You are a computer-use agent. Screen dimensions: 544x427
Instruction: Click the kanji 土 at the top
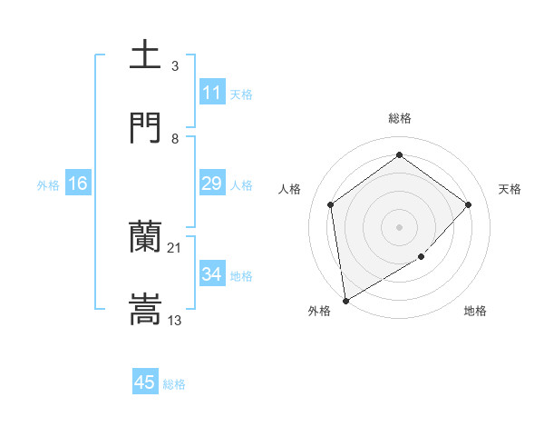pos(146,55)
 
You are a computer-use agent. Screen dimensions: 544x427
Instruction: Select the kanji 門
pos(146,127)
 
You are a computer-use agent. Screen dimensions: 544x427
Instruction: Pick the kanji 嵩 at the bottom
pos(146,309)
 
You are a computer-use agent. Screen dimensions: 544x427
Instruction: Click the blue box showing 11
pos(212,93)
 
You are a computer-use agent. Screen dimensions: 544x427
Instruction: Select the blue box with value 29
pos(212,184)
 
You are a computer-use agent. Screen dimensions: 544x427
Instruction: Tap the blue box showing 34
pos(212,274)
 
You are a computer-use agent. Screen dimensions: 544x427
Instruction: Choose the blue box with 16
pos(78,184)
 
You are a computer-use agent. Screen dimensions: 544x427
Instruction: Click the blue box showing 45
pos(145,382)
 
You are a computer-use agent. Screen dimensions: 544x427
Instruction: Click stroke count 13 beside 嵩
pos(174,320)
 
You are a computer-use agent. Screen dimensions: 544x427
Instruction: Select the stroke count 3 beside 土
pos(174,65)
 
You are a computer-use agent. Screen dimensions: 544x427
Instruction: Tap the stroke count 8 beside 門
pos(174,138)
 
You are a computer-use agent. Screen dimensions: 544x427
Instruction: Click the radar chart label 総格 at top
pos(399,118)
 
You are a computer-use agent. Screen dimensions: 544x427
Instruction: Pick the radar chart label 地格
pos(475,312)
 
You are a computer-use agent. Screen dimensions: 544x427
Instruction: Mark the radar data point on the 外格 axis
pos(345,300)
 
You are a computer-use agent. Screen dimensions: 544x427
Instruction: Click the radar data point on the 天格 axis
pos(468,204)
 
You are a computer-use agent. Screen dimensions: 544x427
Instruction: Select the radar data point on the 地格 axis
pos(422,257)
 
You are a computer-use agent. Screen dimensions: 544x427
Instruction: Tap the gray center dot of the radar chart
pos(399,226)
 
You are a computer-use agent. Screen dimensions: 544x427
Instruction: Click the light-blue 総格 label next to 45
pos(175,384)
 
